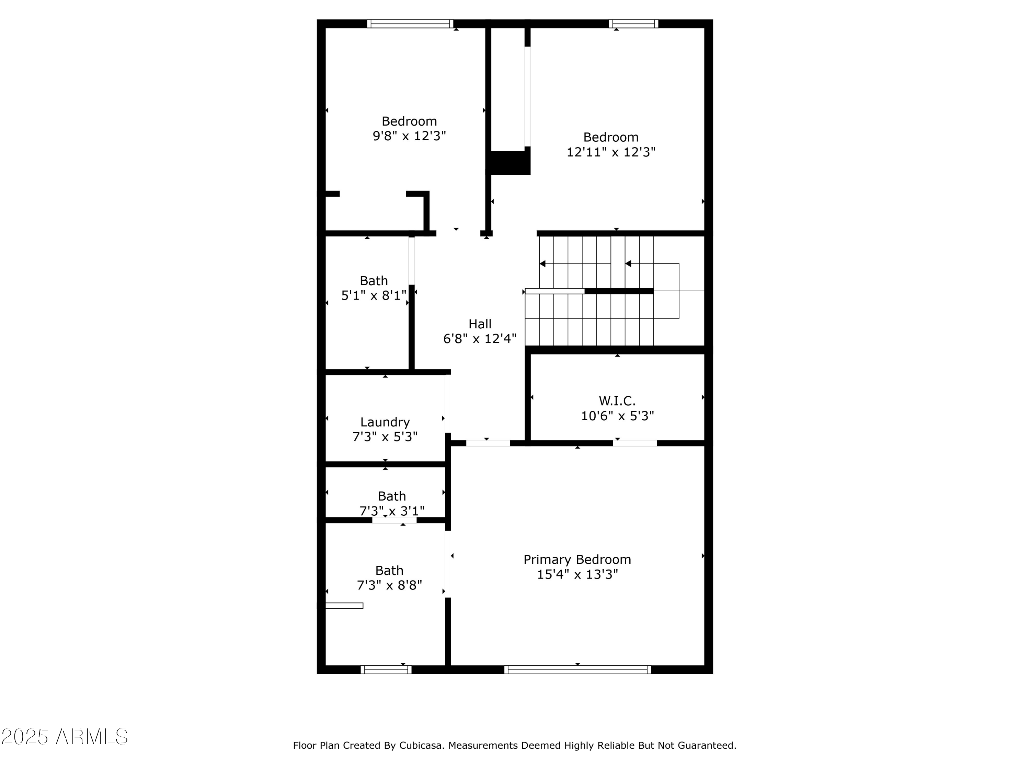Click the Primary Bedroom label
(x=577, y=559)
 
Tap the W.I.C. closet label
(x=617, y=401)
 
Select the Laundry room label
(x=385, y=422)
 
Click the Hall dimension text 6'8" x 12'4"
(x=480, y=339)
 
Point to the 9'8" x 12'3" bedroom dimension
(x=409, y=136)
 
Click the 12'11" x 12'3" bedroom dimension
(x=610, y=152)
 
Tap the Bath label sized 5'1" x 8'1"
(x=374, y=281)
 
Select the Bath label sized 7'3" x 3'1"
(x=392, y=496)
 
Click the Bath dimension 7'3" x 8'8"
(x=389, y=585)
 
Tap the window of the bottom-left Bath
(x=386, y=670)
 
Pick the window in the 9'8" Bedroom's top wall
(x=410, y=24)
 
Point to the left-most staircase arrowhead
(x=542, y=264)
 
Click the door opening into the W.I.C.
(x=635, y=443)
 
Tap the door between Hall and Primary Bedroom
(x=488, y=443)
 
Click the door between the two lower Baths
(x=394, y=520)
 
